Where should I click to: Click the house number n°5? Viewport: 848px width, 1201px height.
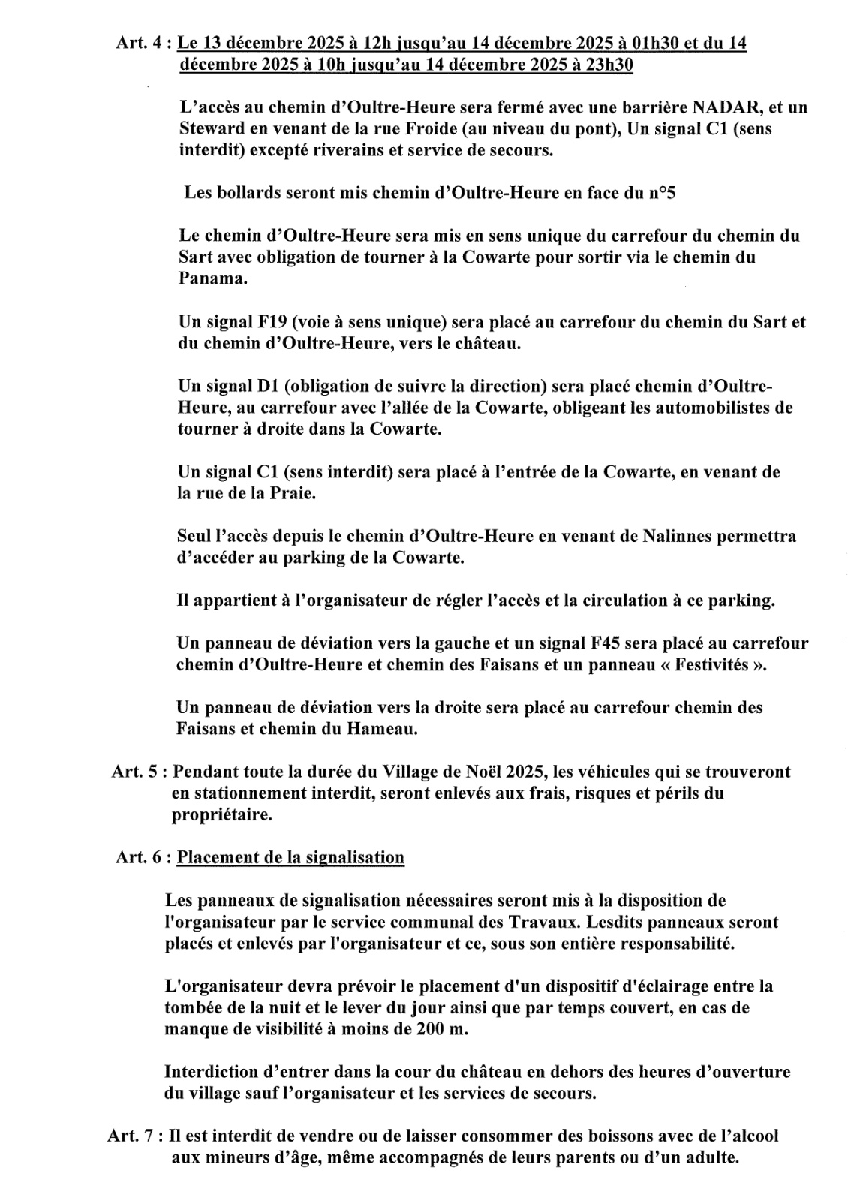(662, 193)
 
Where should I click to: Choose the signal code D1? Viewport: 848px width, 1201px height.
(267, 387)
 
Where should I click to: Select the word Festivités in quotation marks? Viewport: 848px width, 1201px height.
(713, 665)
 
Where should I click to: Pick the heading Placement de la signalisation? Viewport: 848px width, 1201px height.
(290, 857)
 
